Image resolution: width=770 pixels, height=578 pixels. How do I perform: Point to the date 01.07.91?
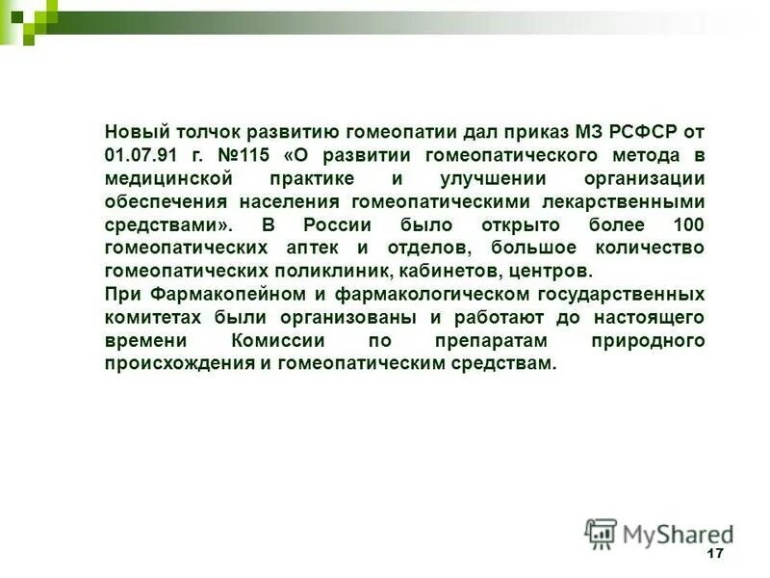pyautogui.click(x=140, y=156)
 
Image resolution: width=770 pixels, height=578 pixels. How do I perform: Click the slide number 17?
pyautogui.click(x=713, y=553)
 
